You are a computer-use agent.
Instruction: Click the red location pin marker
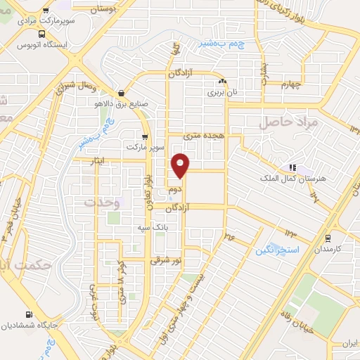(181, 166)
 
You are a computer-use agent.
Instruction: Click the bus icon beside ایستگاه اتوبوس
(43, 33)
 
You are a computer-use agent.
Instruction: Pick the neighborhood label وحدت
(103, 202)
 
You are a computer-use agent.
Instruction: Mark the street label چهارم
(288, 86)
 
